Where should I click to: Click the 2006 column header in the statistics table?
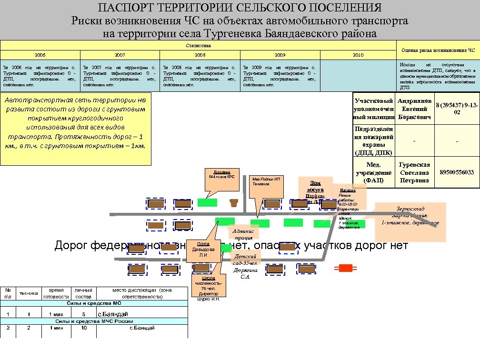[40, 55]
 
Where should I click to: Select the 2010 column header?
[358, 55]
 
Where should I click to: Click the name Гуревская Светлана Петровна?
[414, 172]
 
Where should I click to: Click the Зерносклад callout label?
[410, 215]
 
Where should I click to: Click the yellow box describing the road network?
[76, 128]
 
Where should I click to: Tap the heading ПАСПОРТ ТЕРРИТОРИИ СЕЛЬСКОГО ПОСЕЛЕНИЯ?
[240, 8]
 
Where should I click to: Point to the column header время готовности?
[56, 293]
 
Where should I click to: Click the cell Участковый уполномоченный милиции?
[374, 109]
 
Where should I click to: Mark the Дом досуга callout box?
[315, 189]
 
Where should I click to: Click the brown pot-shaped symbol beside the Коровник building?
[233, 203]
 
